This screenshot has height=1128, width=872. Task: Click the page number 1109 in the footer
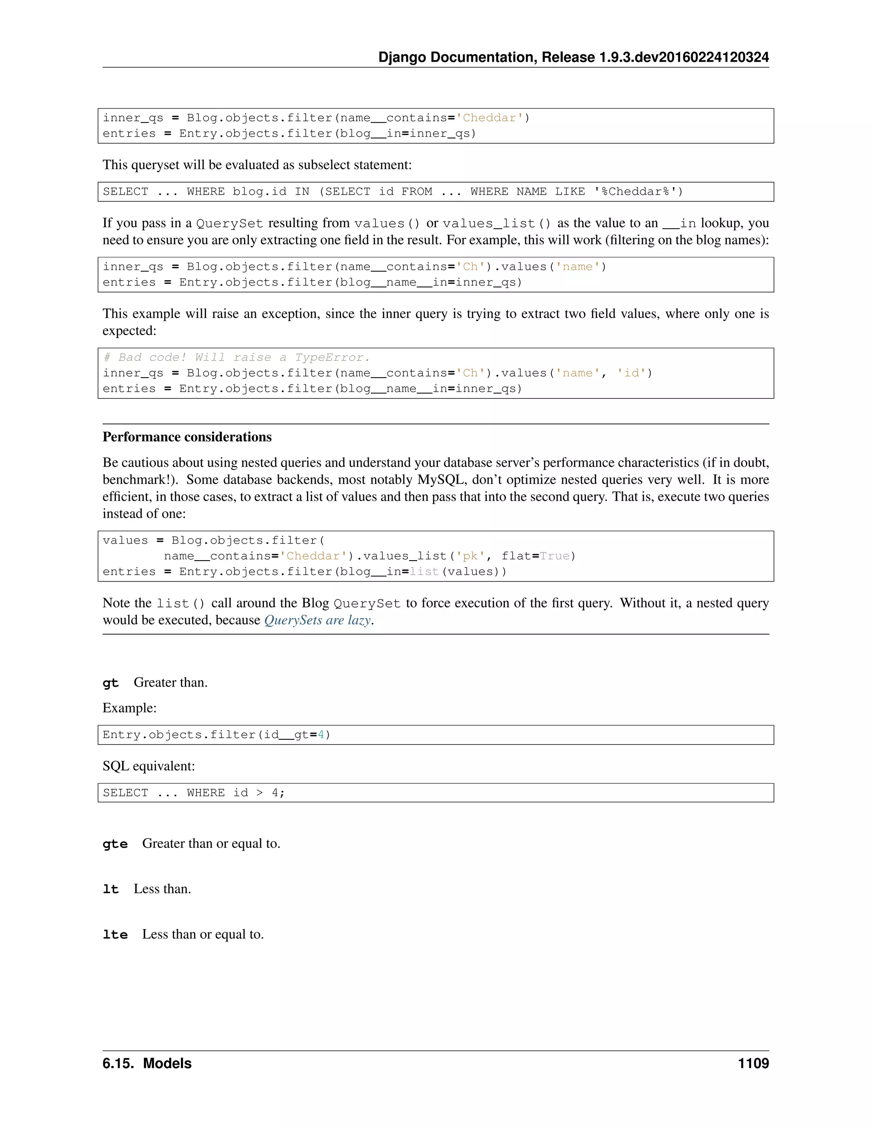click(x=753, y=1063)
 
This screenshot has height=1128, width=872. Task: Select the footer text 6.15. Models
click(x=147, y=1063)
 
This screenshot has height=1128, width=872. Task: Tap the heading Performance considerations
click(x=187, y=437)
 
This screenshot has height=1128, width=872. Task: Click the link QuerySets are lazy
click(x=317, y=620)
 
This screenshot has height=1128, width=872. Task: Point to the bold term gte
click(x=115, y=844)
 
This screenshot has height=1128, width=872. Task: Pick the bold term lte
click(x=115, y=935)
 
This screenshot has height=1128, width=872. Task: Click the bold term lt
click(x=111, y=889)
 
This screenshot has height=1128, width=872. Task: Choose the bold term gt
click(x=111, y=683)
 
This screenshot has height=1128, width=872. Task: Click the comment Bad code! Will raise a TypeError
click(x=237, y=358)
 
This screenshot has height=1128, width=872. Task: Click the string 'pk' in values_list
click(x=470, y=556)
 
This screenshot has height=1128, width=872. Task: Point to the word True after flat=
click(x=555, y=556)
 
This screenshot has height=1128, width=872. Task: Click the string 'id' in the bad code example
click(x=631, y=373)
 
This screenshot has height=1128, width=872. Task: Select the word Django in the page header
click(x=402, y=57)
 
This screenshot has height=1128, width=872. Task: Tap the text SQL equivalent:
click(x=149, y=766)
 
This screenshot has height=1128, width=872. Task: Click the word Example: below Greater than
click(x=129, y=708)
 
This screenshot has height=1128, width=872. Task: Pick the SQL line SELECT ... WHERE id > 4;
click(x=194, y=793)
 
